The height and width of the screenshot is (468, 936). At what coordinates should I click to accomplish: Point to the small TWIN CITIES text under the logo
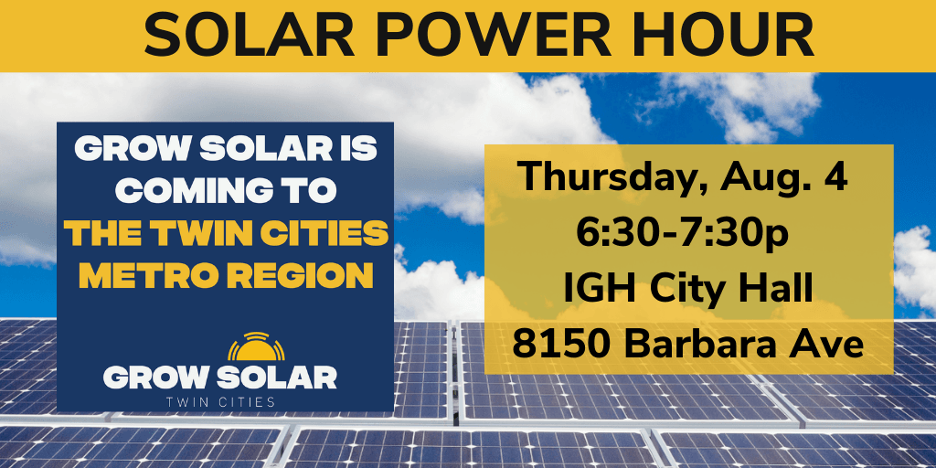(219, 400)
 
